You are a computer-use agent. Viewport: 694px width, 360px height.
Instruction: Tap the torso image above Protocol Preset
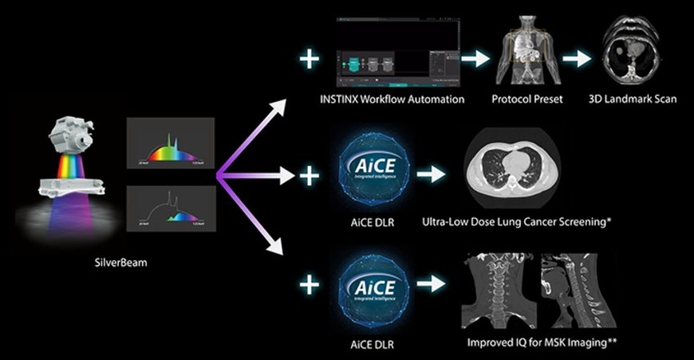point(526,50)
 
